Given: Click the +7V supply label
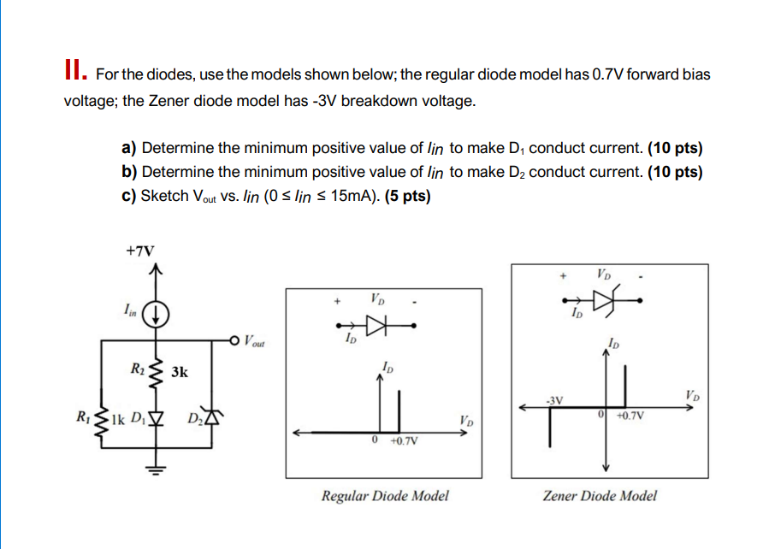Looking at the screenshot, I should point(140,251).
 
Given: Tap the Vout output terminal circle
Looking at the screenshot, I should point(234,342).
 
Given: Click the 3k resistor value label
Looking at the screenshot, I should point(180,372).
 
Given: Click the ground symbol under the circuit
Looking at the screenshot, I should point(156,467).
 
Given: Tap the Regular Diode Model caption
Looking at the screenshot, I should point(385,495).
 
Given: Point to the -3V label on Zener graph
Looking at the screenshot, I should point(554,399).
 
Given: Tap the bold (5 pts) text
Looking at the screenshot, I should point(408,196).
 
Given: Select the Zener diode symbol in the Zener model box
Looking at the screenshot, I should point(605,300).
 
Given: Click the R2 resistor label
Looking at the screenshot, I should point(137,369).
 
